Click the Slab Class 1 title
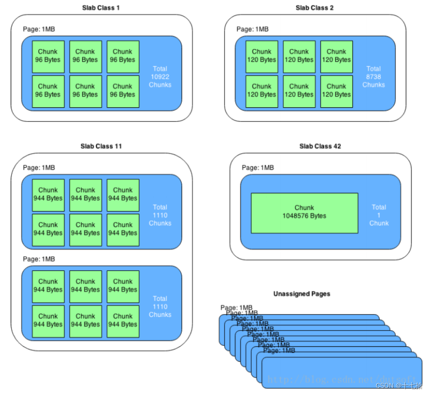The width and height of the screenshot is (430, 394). click(x=101, y=8)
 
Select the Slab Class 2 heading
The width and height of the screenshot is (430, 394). click(x=315, y=8)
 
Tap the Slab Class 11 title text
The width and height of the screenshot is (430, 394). click(x=101, y=146)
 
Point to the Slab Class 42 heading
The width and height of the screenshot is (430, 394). click(x=320, y=146)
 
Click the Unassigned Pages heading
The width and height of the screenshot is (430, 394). click(x=302, y=294)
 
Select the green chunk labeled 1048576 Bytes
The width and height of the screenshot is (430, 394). click(x=304, y=213)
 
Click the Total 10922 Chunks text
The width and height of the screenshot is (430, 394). click(x=160, y=77)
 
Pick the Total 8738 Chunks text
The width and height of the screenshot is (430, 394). click(x=374, y=77)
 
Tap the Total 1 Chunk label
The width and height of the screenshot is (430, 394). click(x=379, y=215)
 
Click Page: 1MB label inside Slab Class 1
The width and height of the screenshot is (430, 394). click(x=39, y=29)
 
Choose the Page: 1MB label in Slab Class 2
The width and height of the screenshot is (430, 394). click(x=253, y=29)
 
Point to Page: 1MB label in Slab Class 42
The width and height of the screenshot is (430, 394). click(x=258, y=168)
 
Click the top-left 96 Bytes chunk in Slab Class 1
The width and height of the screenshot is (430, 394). click(x=48, y=56)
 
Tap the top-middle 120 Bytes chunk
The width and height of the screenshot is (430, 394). click(x=299, y=56)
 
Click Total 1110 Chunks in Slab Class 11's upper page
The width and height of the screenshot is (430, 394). click(x=160, y=215)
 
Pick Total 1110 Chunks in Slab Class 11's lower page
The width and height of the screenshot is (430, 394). click(x=160, y=307)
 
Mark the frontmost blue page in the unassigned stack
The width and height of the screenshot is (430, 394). click(x=341, y=373)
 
